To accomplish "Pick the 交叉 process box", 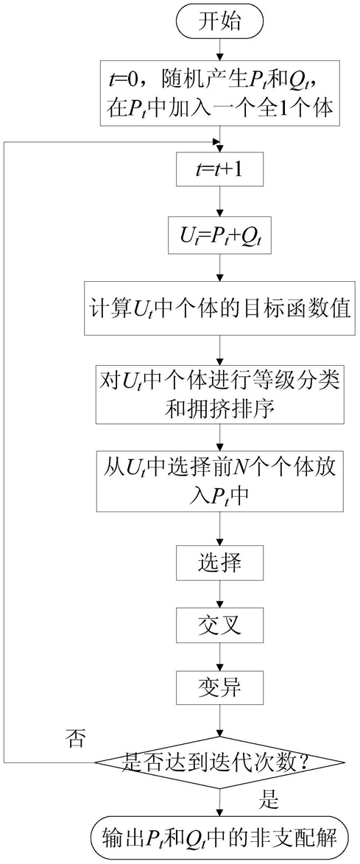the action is coord(221,628).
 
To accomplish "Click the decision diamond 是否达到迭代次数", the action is coord(221,763).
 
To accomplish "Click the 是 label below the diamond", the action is coord(271,800).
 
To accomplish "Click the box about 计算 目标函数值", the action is coord(221,308).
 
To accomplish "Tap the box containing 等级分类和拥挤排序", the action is coord(221,393).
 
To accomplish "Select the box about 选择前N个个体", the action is coord(221,481).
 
